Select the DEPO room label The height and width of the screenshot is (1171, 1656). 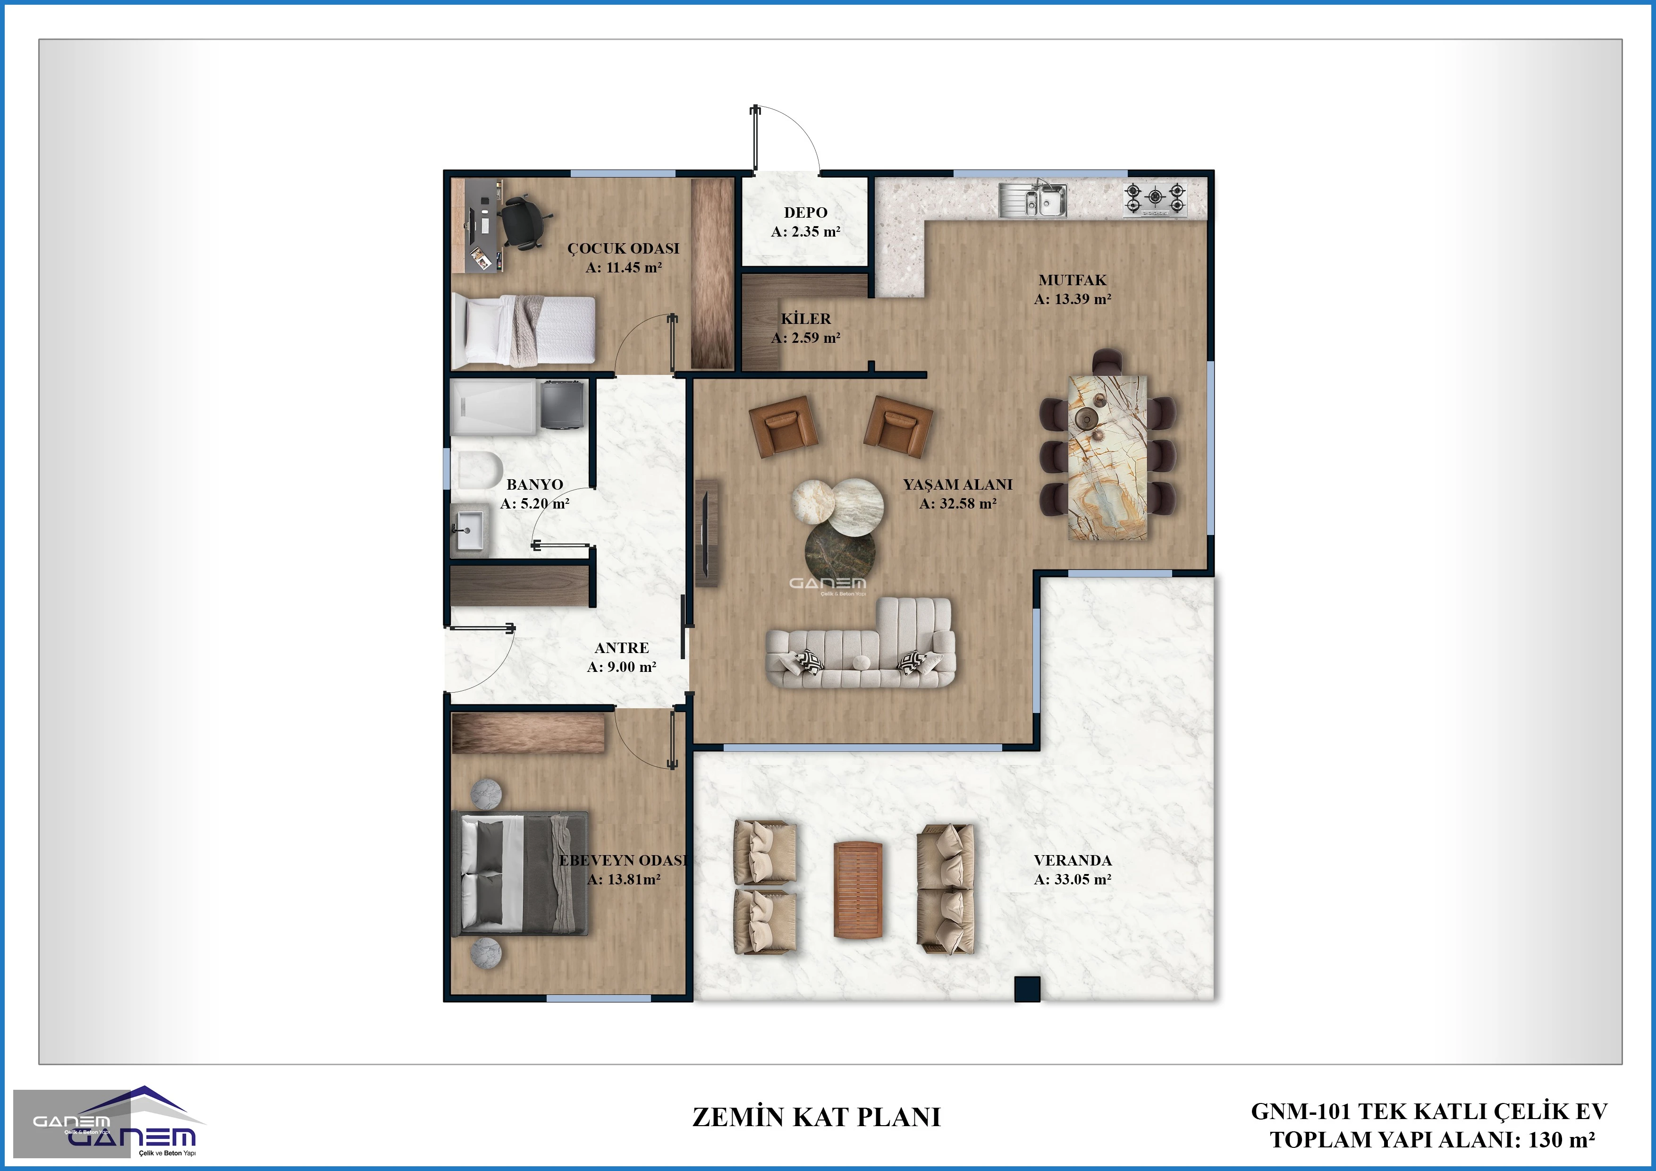tap(806, 213)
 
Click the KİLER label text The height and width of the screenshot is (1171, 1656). tap(806, 319)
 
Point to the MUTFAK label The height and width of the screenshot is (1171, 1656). tap(1073, 280)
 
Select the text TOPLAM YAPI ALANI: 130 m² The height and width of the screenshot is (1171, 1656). tap(1432, 1140)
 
